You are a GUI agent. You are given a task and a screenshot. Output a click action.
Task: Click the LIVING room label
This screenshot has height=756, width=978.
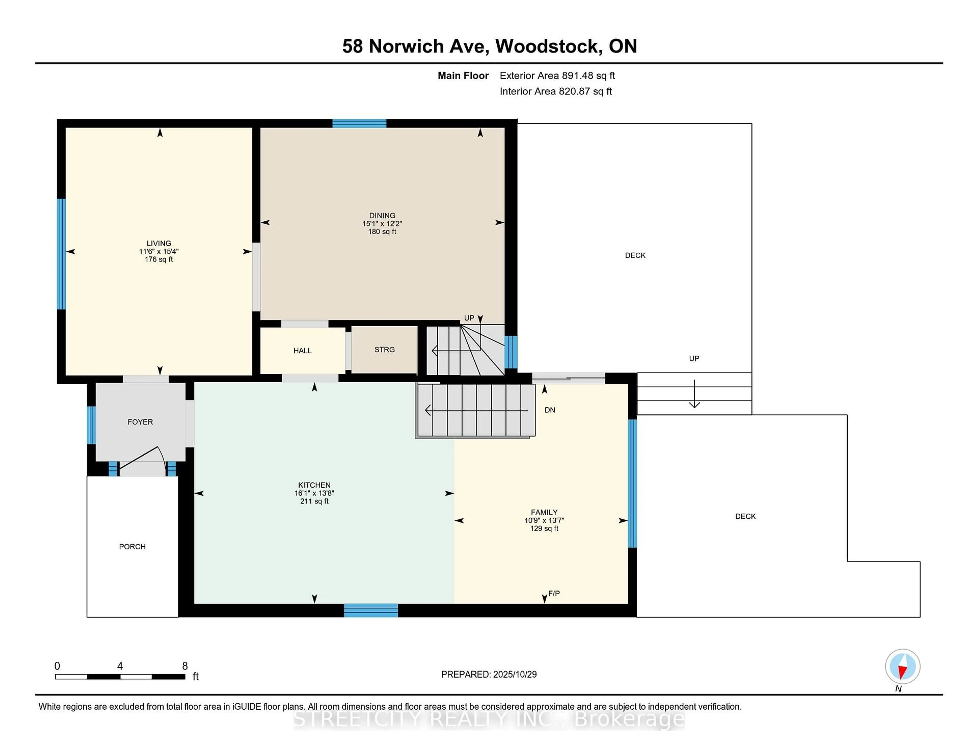(x=158, y=243)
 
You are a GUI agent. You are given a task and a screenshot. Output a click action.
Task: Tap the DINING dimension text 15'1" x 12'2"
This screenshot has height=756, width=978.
(x=382, y=223)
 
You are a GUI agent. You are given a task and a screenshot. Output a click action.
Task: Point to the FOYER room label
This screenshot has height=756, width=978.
(x=140, y=422)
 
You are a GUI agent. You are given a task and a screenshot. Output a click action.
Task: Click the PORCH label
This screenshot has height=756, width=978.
(x=132, y=546)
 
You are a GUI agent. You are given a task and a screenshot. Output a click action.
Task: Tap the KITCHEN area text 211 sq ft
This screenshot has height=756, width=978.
(x=314, y=501)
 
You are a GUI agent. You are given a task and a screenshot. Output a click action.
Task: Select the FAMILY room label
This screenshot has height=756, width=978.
(x=544, y=512)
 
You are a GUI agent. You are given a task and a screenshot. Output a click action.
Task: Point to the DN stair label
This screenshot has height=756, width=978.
(x=549, y=410)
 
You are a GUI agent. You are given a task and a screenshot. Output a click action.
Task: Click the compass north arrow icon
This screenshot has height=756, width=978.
(x=902, y=666)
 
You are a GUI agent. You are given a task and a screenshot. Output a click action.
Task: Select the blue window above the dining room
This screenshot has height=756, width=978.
(x=359, y=124)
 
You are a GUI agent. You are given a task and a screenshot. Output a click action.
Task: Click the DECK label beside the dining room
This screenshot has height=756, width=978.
(x=635, y=255)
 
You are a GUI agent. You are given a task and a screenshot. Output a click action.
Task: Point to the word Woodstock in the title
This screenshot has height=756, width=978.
(x=549, y=46)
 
